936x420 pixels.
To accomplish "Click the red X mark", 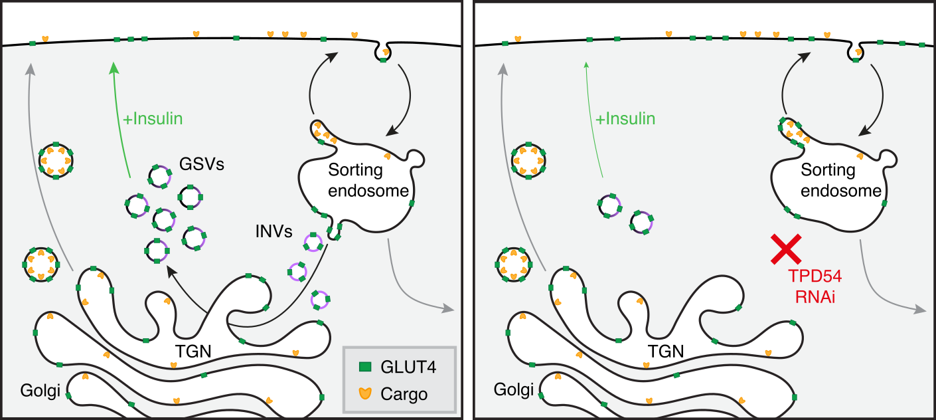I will (785, 251).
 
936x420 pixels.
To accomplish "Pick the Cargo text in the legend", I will (404, 394).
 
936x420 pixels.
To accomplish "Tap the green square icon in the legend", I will (364, 366).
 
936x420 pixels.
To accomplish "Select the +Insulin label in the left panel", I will (153, 120).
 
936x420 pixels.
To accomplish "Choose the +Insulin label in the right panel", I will (625, 119).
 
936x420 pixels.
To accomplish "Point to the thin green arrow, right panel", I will (592, 120).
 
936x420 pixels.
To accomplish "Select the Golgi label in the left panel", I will (40, 391).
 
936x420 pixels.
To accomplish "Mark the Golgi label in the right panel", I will (513, 391).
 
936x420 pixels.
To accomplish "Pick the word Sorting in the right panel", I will (828, 169).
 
